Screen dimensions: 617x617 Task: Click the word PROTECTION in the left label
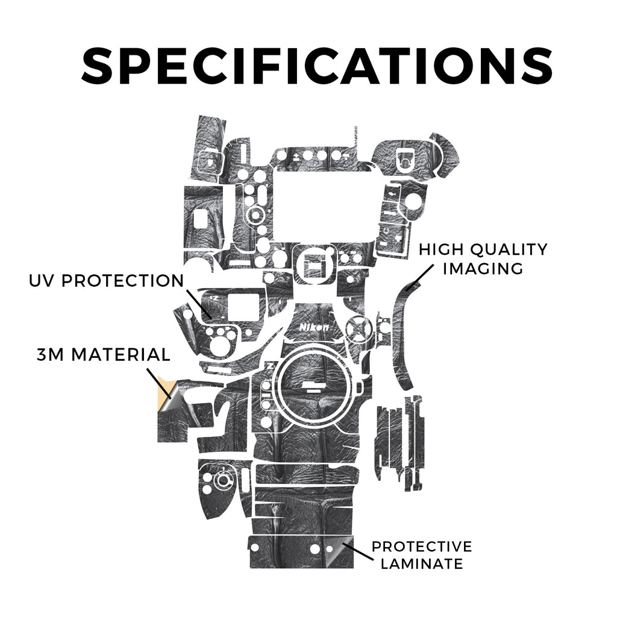[123, 281]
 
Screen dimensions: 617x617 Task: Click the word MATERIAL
[121, 355]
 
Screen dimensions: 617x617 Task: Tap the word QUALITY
[509, 249]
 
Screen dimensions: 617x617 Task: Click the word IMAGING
[483, 268]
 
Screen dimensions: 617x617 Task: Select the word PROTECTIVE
[422, 547]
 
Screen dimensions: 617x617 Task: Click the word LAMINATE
[422, 563]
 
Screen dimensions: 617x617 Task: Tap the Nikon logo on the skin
[314, 327]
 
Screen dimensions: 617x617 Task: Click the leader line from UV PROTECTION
[199, 304]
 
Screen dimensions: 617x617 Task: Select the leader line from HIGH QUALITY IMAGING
[420, 277]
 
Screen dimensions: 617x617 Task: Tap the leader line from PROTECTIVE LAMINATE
[358, 551]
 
